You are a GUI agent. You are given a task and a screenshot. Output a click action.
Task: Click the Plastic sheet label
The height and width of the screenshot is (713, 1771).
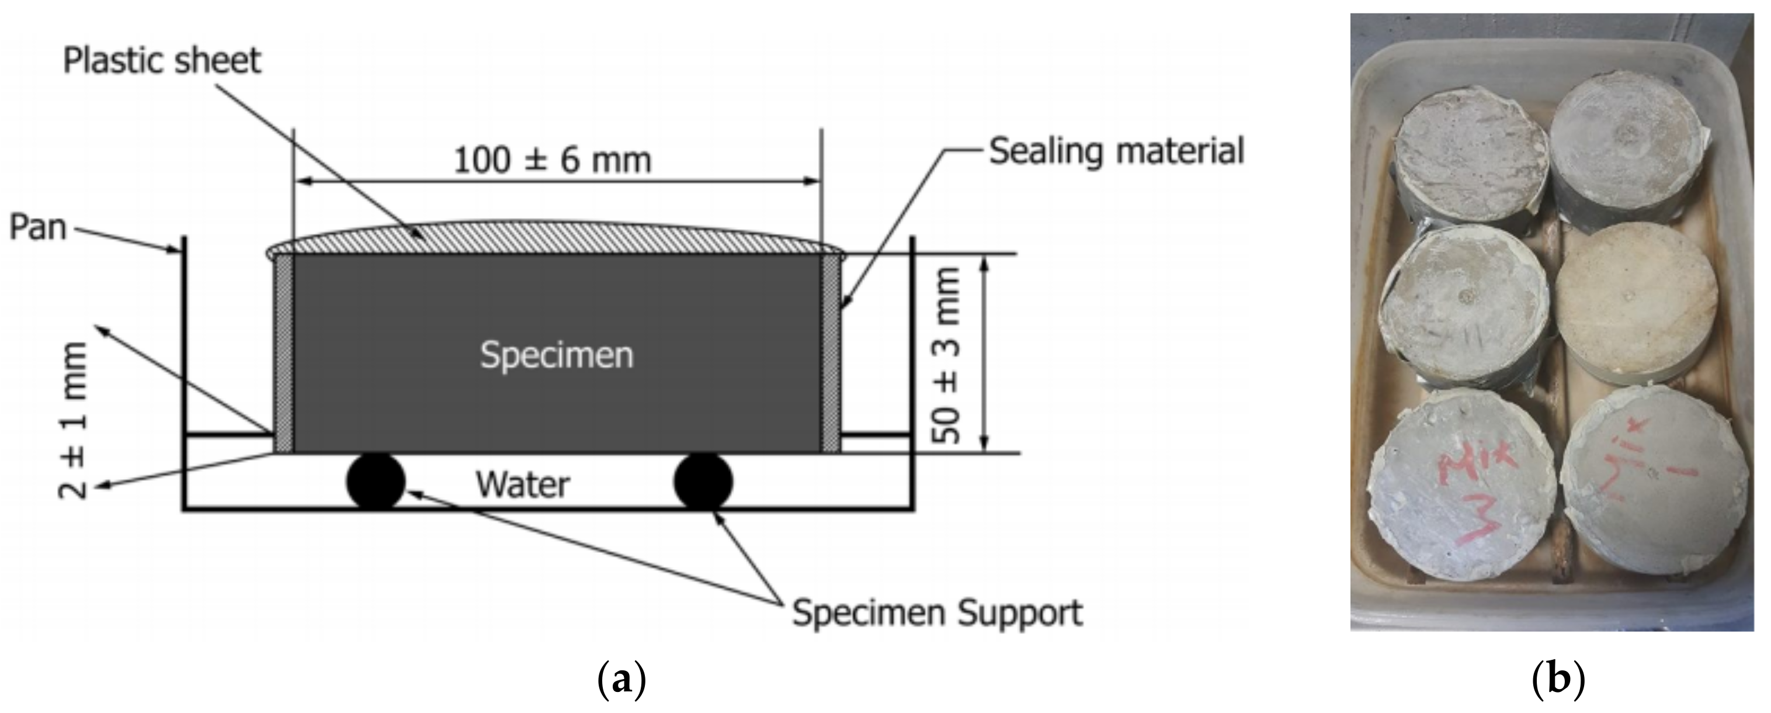coord(162,61)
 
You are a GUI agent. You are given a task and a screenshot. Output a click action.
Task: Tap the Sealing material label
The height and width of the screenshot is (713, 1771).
coord(1116,151)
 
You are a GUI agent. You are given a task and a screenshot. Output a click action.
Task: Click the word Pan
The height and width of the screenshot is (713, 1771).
coord(37,227)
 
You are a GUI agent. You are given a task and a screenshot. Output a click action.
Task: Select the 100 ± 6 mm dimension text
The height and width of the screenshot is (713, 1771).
coord(552,161)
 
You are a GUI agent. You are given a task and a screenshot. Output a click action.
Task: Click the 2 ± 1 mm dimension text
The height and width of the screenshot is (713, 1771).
coord(73,420)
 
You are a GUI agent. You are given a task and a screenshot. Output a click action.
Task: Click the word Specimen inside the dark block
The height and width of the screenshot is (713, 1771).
coord(556,355)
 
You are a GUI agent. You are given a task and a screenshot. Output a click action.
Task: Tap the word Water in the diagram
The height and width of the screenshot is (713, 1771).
coord(523,484)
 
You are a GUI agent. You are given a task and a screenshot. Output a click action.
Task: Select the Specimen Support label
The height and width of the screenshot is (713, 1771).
coord(937,612)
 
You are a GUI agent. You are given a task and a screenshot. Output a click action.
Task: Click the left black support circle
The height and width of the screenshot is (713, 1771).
coord(376,482)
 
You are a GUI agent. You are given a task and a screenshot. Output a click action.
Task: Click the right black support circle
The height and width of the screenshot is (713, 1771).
coord(703,482)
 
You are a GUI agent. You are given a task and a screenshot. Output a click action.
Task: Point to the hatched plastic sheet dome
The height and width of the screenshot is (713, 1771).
coord(555,239)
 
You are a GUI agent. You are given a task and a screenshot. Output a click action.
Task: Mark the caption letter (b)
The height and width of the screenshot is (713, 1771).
coord(1558,680)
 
